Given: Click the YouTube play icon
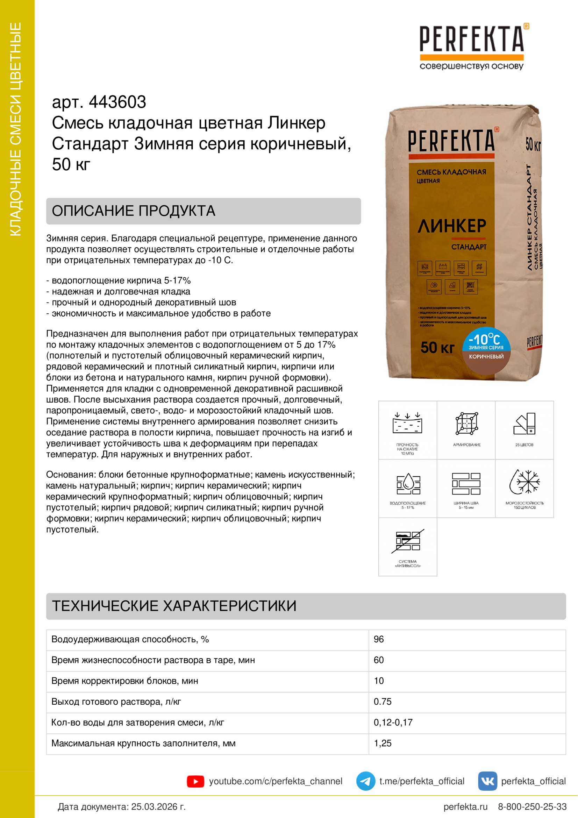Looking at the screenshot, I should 195,781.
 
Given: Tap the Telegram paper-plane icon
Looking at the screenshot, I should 365,781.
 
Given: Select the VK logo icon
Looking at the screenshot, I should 487,781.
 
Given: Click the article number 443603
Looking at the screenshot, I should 117,102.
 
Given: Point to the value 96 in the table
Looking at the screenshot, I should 379,640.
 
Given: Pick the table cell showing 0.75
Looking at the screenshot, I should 383,702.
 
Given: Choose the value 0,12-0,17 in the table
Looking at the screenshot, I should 393,723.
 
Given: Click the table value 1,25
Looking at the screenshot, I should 383,743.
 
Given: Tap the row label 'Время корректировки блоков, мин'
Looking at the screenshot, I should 124,681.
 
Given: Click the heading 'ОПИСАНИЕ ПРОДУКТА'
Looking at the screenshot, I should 134,211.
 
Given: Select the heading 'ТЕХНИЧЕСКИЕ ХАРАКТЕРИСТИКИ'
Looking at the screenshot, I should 174,606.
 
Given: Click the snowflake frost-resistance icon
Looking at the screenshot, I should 525,482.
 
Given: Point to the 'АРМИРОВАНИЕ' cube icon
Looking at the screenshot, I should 466,424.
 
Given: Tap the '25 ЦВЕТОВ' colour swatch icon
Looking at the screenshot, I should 525,424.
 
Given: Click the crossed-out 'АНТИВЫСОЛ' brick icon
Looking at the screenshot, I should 408,541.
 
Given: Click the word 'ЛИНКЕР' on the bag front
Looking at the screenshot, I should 451,226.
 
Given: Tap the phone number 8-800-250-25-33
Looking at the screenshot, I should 532,806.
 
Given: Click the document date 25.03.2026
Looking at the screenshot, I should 158,806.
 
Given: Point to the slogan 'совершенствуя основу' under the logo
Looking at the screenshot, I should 471,66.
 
